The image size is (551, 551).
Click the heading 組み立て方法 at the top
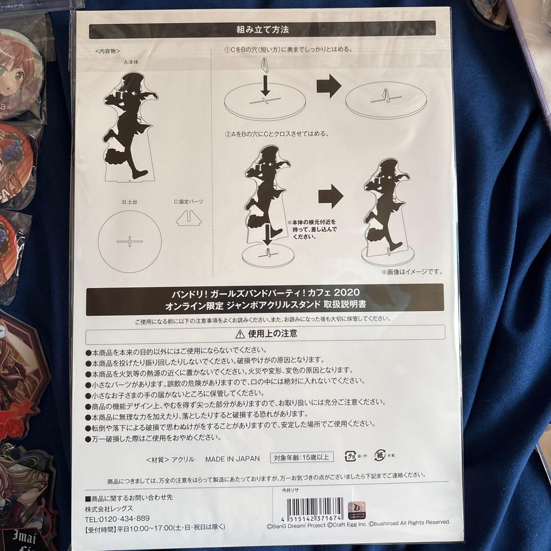[x=262, y=30]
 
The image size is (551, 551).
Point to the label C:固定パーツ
[x=188, y=202]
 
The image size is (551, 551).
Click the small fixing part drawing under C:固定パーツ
[x=188, y=218]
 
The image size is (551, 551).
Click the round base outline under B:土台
[x=130, y=240]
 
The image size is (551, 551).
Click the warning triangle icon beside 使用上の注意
[x=239, y=334]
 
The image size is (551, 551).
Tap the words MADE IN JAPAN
[x=232, y=459]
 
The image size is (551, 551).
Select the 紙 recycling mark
[x=380, y=456]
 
